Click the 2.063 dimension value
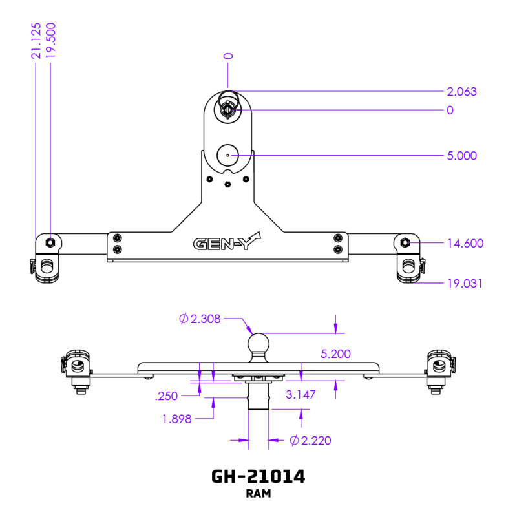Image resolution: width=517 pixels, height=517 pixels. tap(461, 92)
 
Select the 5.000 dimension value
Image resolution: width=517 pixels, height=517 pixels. tap(461, 156)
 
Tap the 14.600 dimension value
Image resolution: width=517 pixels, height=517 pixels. tap(465, 244)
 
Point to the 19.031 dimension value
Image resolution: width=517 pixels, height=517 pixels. tap(465, 284)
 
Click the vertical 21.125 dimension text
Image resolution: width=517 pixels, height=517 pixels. tap(36, 40)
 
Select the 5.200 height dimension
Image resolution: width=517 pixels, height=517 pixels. tap(335, 354)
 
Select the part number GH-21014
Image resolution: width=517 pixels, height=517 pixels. tap(258, 477)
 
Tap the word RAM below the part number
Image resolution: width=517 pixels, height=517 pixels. tap(258, 494)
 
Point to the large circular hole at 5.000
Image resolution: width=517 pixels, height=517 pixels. tap(228, 155)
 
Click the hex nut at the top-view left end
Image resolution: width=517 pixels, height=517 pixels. tap(49, 242)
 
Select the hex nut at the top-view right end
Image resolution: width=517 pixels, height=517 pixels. tap(405, 242)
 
